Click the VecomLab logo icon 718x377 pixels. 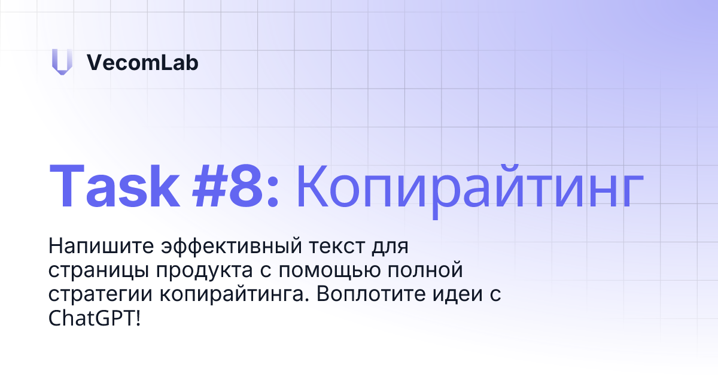pyautogui.click(x=62, y=62)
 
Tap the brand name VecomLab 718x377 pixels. pyautogui.click(x=142, y=62)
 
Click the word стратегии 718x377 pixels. pyautogui.click(x=99, y=295)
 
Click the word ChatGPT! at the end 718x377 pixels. pyautogui.click(x=96, y=319)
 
